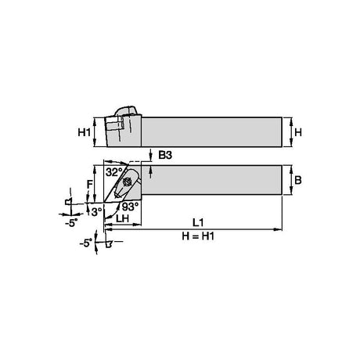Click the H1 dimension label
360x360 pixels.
point(84,132)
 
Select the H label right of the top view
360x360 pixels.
point(298,132)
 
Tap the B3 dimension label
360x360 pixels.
point(165,155)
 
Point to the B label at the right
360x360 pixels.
point(297,180)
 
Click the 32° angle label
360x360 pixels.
point(114,172)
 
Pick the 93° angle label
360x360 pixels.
point(130,207)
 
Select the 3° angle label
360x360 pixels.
point(96,212)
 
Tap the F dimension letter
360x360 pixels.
point(89,185)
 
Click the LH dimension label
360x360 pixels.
point(122,218)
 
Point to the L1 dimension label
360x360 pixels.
point(198,222)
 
